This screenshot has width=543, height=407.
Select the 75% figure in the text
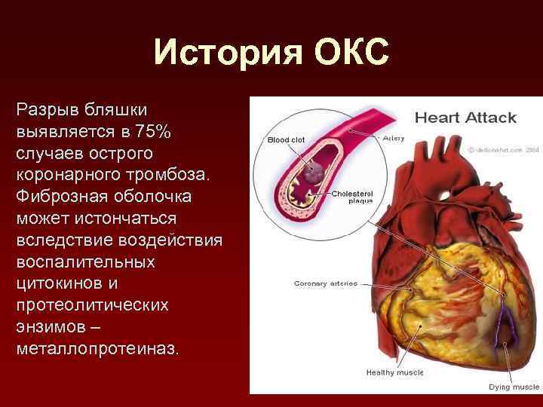pos(154,133)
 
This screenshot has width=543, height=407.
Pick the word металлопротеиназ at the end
pos(97,350)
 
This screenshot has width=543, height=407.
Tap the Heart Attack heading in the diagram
pos(465,118)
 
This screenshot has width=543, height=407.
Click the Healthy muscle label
pos(394,372)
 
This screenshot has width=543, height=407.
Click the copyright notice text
pos(504,149)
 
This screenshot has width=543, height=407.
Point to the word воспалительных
pos(85,262)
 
